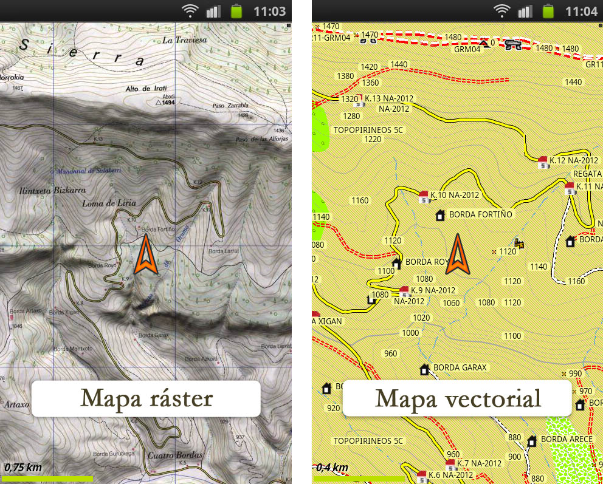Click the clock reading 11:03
coord(269,11)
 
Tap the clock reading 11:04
coord(582,11)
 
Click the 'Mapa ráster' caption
coord(146,399)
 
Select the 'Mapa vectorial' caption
coord(458,399)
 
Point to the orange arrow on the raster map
coord(146,256)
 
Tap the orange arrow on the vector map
coord(457,255)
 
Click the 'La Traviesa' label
coord(185,40)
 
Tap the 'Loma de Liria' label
coord(109,203)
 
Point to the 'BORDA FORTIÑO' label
coord(481,214)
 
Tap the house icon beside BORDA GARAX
coord(424,369)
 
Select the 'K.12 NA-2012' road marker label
coord(574,160)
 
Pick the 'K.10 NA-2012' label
coord(455,195)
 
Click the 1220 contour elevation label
coord(373,139)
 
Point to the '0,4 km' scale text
coord(332,468)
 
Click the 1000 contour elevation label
coord(410,333)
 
